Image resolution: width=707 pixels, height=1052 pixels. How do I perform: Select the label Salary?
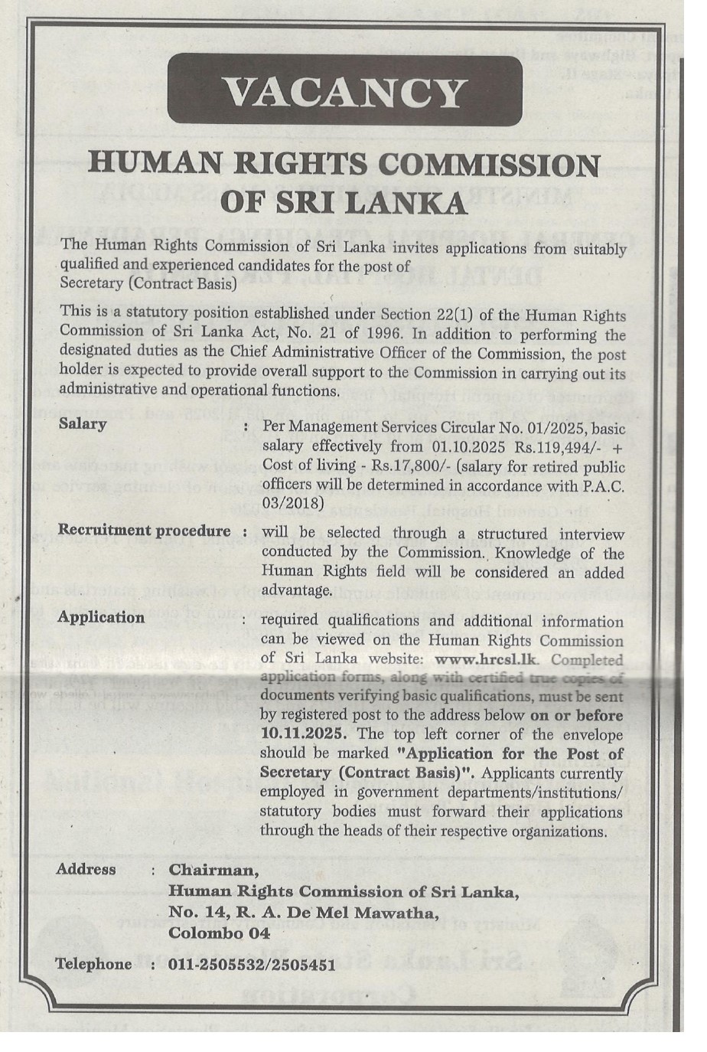point(83,423)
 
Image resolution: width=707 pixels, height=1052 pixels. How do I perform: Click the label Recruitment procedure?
point(145,531)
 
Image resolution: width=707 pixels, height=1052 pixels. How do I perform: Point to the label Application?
point(101,617)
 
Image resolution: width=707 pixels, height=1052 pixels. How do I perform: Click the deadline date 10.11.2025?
point(307,733)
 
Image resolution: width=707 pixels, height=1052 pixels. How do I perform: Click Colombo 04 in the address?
point(219,933)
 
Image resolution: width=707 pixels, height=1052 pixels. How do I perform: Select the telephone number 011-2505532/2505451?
point(252,965)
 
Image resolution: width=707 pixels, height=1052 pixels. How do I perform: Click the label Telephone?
point(93,964)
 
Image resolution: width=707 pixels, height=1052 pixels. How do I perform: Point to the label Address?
point(86,870)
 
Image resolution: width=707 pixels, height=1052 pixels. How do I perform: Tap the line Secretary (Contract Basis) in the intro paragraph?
point(148,283)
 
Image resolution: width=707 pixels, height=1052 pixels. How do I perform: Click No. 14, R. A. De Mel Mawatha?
point(304,913)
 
